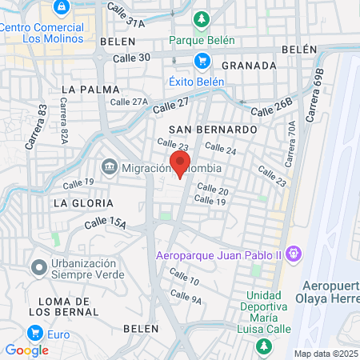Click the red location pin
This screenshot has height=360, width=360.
tap(181, 162)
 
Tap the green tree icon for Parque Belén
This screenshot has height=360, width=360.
tap(202, 19)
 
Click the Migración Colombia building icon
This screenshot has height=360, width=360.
tap(109, 167)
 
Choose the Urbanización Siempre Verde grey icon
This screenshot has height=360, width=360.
tap(37, 267)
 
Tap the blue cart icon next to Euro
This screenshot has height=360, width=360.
tap(34, 332)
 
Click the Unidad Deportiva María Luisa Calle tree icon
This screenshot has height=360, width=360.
tap(263, 346)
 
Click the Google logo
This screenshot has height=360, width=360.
tap(26, 350)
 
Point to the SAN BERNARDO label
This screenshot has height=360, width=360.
tap(214, 129)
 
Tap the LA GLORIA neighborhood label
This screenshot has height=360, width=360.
tap(79, 203)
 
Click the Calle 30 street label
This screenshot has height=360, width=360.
tap(133, 58)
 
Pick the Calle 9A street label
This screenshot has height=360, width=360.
tap(186, 298)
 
